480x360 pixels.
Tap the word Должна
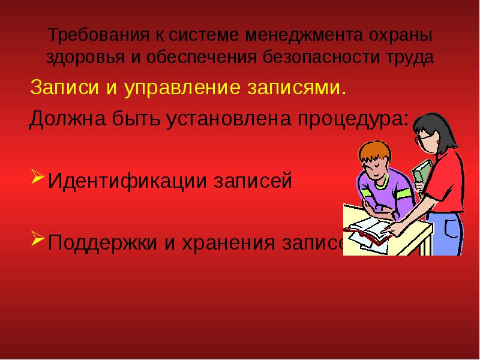click(x=66, y=119)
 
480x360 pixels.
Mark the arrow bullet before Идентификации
click(x=37, y=178)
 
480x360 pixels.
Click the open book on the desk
click(x=367, y=229)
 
